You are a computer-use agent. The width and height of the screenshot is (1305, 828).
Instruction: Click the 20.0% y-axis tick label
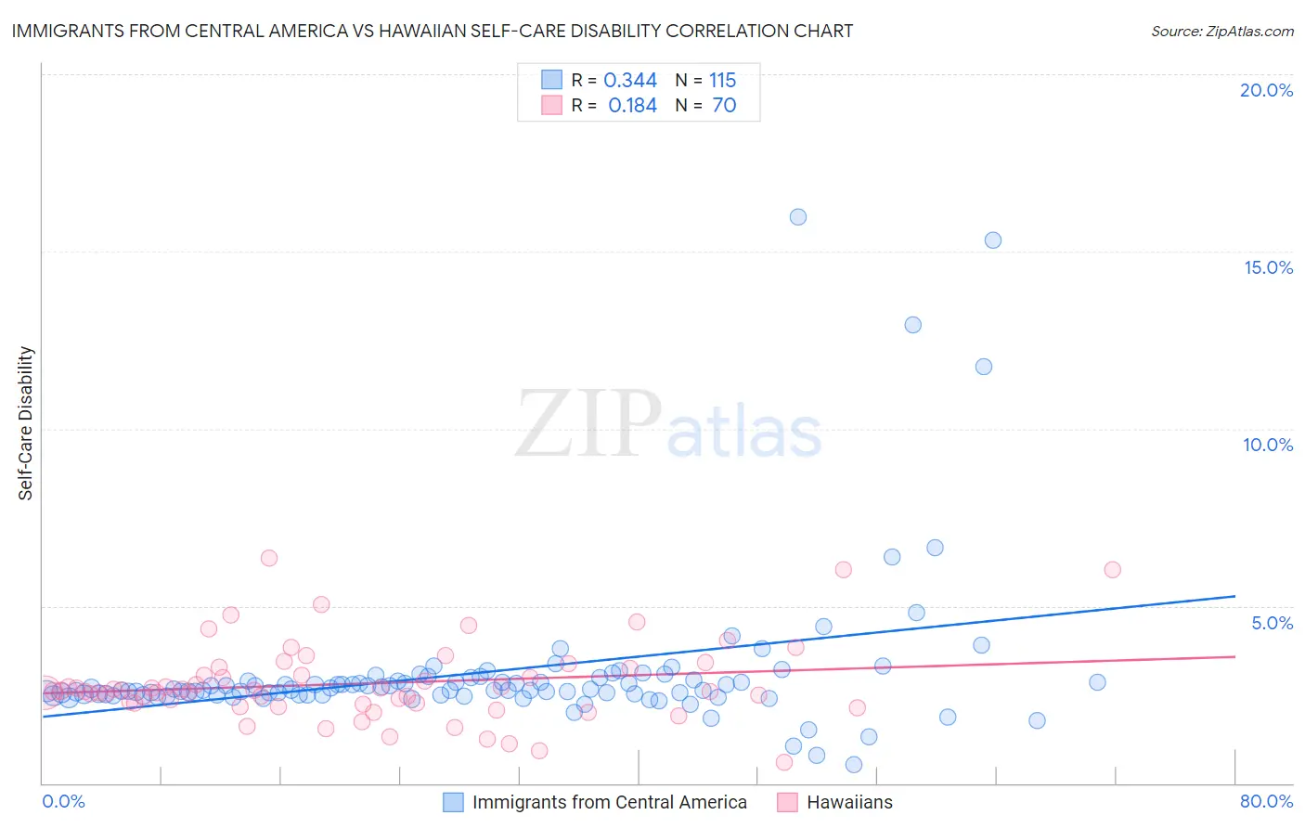(x=1266, y=90)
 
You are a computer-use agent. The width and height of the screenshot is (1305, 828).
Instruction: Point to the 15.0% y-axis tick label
(x=1268, y=267)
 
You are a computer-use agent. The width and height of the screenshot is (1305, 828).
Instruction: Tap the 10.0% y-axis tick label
(x=1268, y=445)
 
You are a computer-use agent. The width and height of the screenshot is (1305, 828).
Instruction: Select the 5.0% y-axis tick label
(x=1272, y=623)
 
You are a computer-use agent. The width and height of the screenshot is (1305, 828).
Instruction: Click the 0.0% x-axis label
(x=63, y=801)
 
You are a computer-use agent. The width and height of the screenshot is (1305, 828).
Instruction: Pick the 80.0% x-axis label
(x=1266, y=801)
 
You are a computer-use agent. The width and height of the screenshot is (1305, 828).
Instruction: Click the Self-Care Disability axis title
(x=26, y=423)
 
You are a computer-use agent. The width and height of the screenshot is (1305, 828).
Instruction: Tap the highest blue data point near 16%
(x=798, y=217)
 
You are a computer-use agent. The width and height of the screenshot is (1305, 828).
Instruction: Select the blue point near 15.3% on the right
(x=993, y=240)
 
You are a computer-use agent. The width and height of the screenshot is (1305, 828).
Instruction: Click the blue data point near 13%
(x=913, y=325)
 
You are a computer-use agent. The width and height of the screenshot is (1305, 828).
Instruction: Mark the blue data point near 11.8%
(x=984, y=367)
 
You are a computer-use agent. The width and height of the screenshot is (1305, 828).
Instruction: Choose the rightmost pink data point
(x=1112, y=570)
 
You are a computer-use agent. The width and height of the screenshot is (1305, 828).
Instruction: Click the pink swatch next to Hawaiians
(x=787, y=802)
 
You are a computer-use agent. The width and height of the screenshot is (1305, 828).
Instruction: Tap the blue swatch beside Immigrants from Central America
(x=453, y=802)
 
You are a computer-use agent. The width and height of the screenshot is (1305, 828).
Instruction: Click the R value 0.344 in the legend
(x=630, y=81)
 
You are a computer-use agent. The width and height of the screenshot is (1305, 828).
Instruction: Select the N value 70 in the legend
(x=724, y=106)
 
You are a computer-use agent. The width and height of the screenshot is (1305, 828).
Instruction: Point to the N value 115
(x=722, y=81)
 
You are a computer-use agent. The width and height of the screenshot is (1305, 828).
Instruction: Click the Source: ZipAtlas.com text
(x=1221, y=32)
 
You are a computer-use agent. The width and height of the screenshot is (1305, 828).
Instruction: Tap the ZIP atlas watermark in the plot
(x=668, y=425)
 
